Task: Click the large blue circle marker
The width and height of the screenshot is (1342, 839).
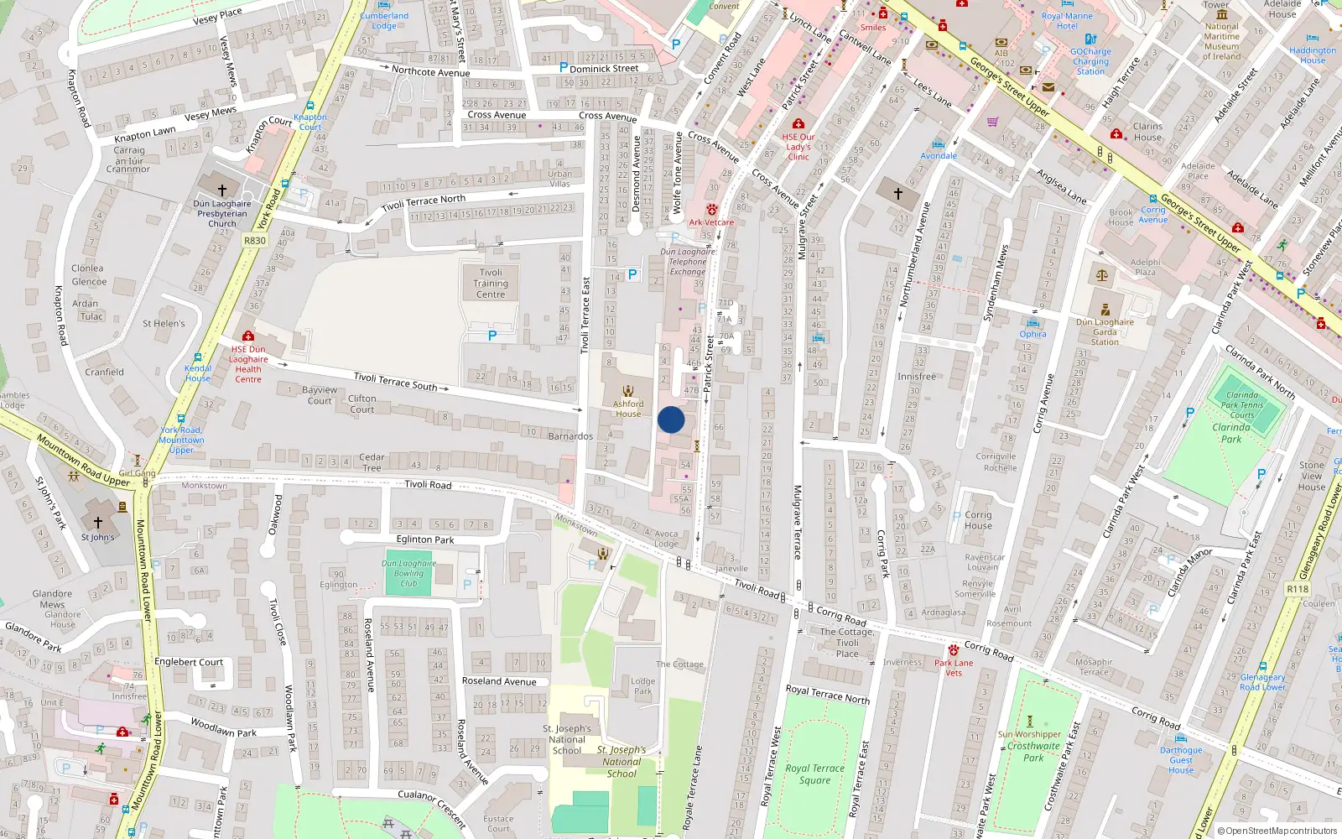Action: [671, 419]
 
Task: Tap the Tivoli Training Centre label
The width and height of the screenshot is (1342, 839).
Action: [491, 284]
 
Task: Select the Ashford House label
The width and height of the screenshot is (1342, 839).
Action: [627, 409]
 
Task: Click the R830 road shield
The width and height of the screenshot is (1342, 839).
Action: [255, 241]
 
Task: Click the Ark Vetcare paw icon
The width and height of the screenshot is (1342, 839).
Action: [712, 210]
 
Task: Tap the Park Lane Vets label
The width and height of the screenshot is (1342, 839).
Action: [954, 668]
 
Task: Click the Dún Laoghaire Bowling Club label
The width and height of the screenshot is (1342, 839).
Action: [408, 573]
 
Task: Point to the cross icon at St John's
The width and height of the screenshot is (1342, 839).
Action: [98, 523]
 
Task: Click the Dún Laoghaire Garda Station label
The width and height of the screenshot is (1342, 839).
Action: [1105, 331]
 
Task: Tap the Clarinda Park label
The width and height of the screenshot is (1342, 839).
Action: [1230, 433]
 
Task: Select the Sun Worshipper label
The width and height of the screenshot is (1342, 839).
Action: [1029, 734]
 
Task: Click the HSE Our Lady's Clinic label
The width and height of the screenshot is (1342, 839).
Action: [798, 147]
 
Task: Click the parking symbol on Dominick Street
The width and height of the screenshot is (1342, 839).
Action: [563, 68]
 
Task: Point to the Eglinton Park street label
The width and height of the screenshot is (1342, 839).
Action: [425, 539]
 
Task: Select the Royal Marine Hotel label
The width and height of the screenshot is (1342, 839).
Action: [1067, 21]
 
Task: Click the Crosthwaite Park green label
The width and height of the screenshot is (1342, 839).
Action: [1033, 752]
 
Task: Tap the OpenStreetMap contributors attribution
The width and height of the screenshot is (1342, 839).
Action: [1277, 831]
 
